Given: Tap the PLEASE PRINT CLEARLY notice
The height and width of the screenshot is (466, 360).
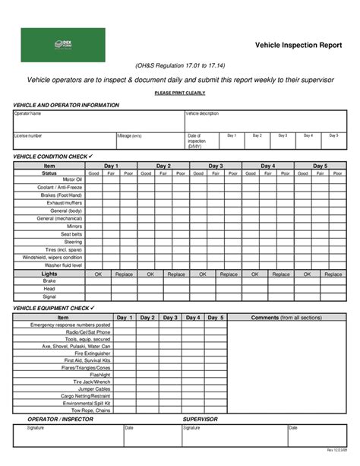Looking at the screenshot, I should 179,92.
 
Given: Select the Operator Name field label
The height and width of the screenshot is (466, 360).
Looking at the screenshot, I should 28,113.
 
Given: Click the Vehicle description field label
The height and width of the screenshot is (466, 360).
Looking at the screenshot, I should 203,113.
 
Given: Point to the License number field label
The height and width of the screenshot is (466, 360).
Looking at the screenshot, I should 29,135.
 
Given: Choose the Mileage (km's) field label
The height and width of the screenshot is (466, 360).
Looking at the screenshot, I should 130,135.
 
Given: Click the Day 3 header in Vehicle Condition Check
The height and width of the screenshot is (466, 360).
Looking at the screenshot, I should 216,165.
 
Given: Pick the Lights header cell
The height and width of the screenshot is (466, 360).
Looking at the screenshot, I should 49,273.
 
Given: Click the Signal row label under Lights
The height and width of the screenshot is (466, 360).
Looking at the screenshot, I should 49,296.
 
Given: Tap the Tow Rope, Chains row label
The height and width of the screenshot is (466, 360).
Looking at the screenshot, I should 92,410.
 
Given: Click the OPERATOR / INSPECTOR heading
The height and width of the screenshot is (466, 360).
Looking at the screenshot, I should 60,419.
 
